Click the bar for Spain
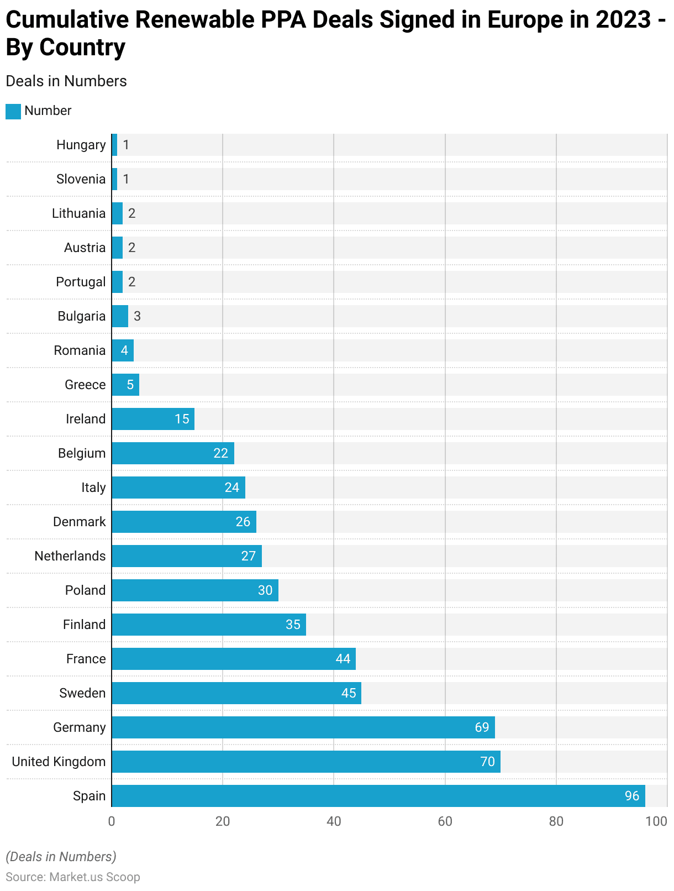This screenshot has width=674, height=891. (x=378, y=795)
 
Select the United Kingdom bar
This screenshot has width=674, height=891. (x=306, y=761)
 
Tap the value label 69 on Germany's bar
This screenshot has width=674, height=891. (x=482, y=727)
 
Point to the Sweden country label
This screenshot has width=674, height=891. (x=82, y=693)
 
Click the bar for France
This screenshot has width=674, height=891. (x=233, y=658)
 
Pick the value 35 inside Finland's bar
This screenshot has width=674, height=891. (x=293, y=624)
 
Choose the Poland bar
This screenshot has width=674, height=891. (x=194, y=590)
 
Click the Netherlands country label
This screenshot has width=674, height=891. (x=70, y=555)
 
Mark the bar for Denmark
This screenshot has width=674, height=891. (x=183, y=521)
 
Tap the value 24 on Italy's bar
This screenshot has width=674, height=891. (x=231, y=487)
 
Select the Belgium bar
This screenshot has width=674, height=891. (x=172, y=453)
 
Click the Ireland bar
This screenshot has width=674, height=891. (x=152, y=418)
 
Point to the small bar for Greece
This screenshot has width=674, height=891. (x=125, y=384)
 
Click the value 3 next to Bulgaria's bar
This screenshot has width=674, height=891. (x=137, y=316)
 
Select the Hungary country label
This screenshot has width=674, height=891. (x=81, y=144)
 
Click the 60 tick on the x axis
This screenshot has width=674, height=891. (x=445, y=821)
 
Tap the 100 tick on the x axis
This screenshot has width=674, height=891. (x=656, y=821)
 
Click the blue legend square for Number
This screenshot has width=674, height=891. (x=13, y=111)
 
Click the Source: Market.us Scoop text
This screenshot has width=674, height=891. (x=73, y=877)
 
